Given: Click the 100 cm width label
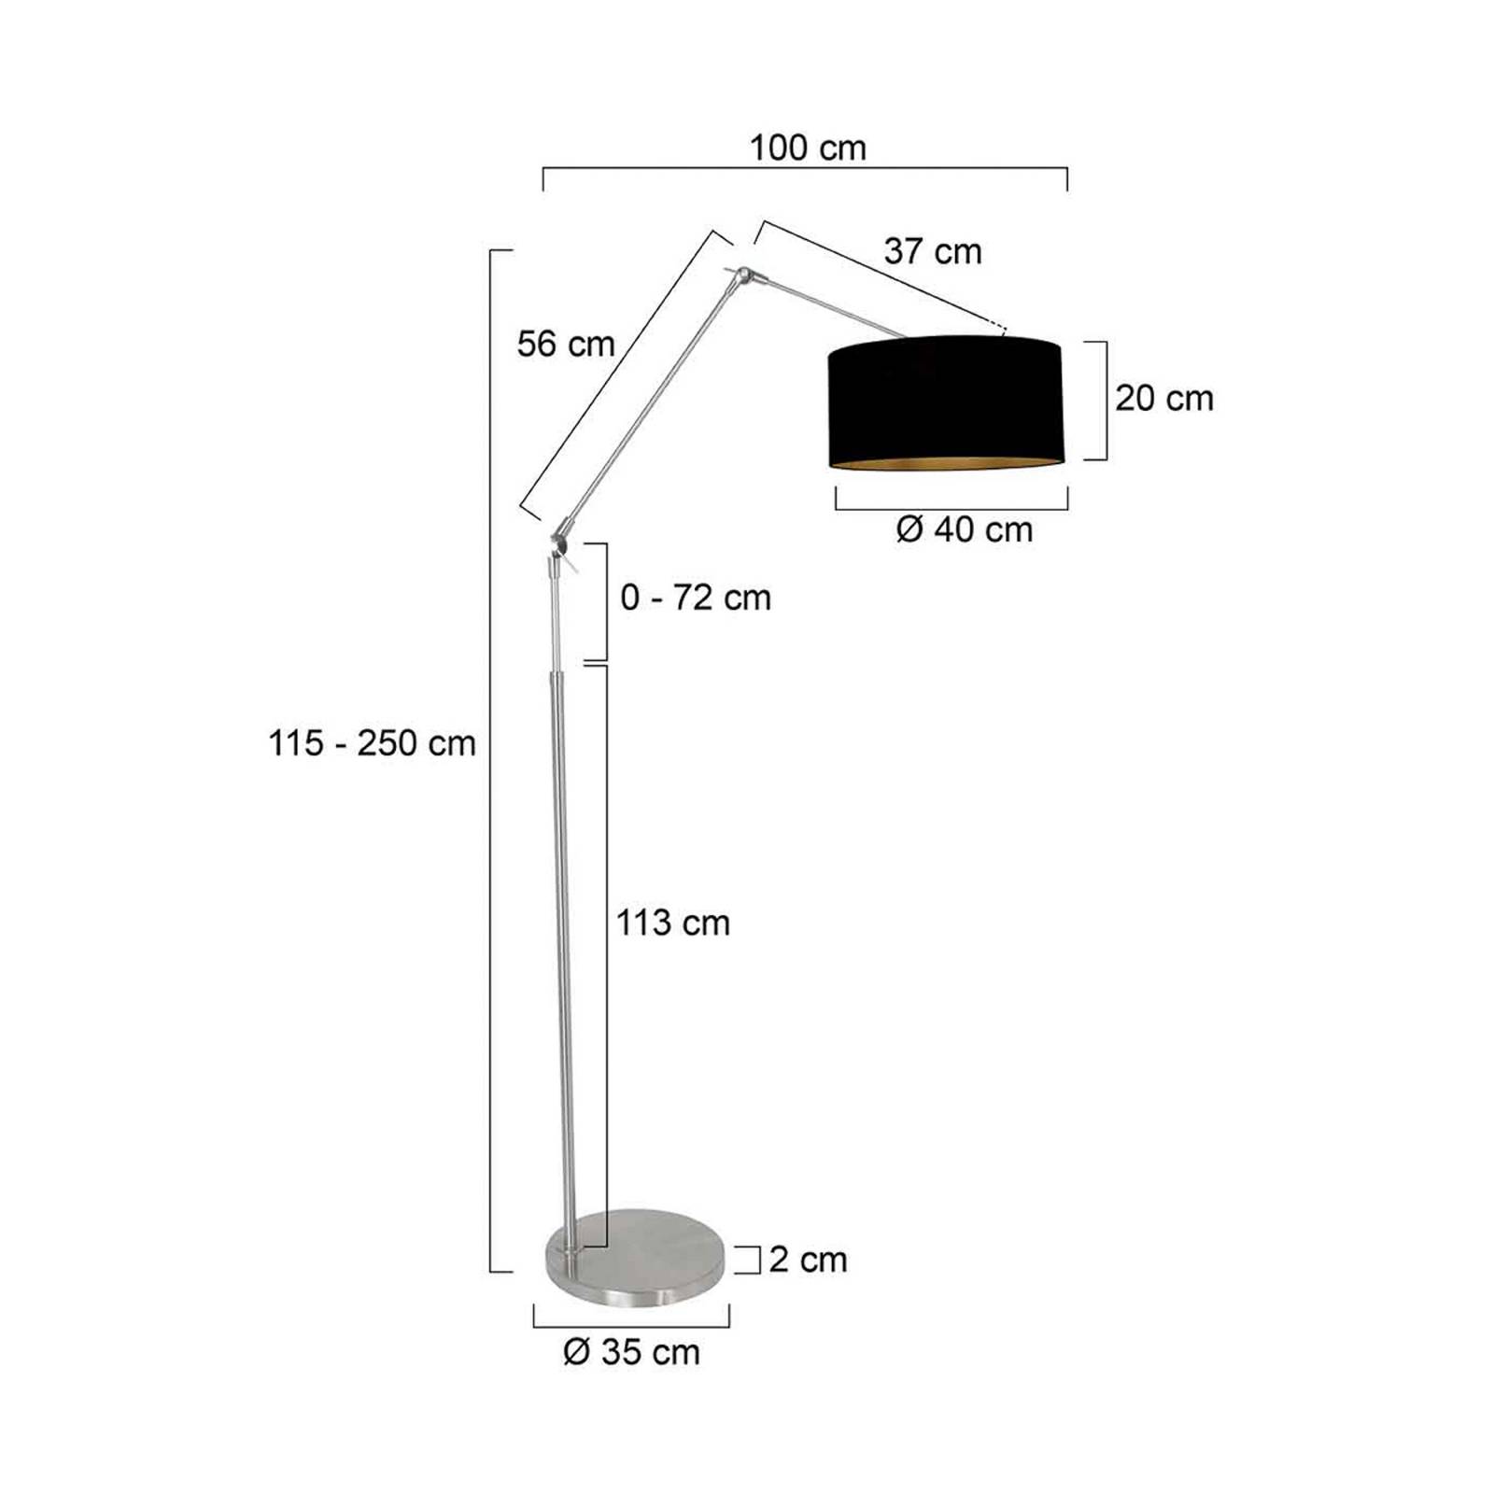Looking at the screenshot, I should click(808, 148).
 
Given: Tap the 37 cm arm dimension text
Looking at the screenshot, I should click(932, 251).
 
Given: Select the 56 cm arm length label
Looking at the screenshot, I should click(566, 344).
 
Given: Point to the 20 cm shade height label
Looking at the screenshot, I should click(1163, 398).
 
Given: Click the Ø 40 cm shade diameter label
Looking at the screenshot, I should click(964, 529).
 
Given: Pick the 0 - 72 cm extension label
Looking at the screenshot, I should click(696, 598).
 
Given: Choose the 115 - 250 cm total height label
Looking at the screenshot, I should click(372, 743).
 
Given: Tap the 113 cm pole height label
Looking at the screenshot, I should click(672, 923).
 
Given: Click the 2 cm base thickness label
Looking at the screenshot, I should click(808, 1260).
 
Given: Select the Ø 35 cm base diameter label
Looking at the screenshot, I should click(631, 1351).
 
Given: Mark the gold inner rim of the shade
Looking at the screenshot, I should click(945, 462).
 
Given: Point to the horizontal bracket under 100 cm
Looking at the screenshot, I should click(805, 169).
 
